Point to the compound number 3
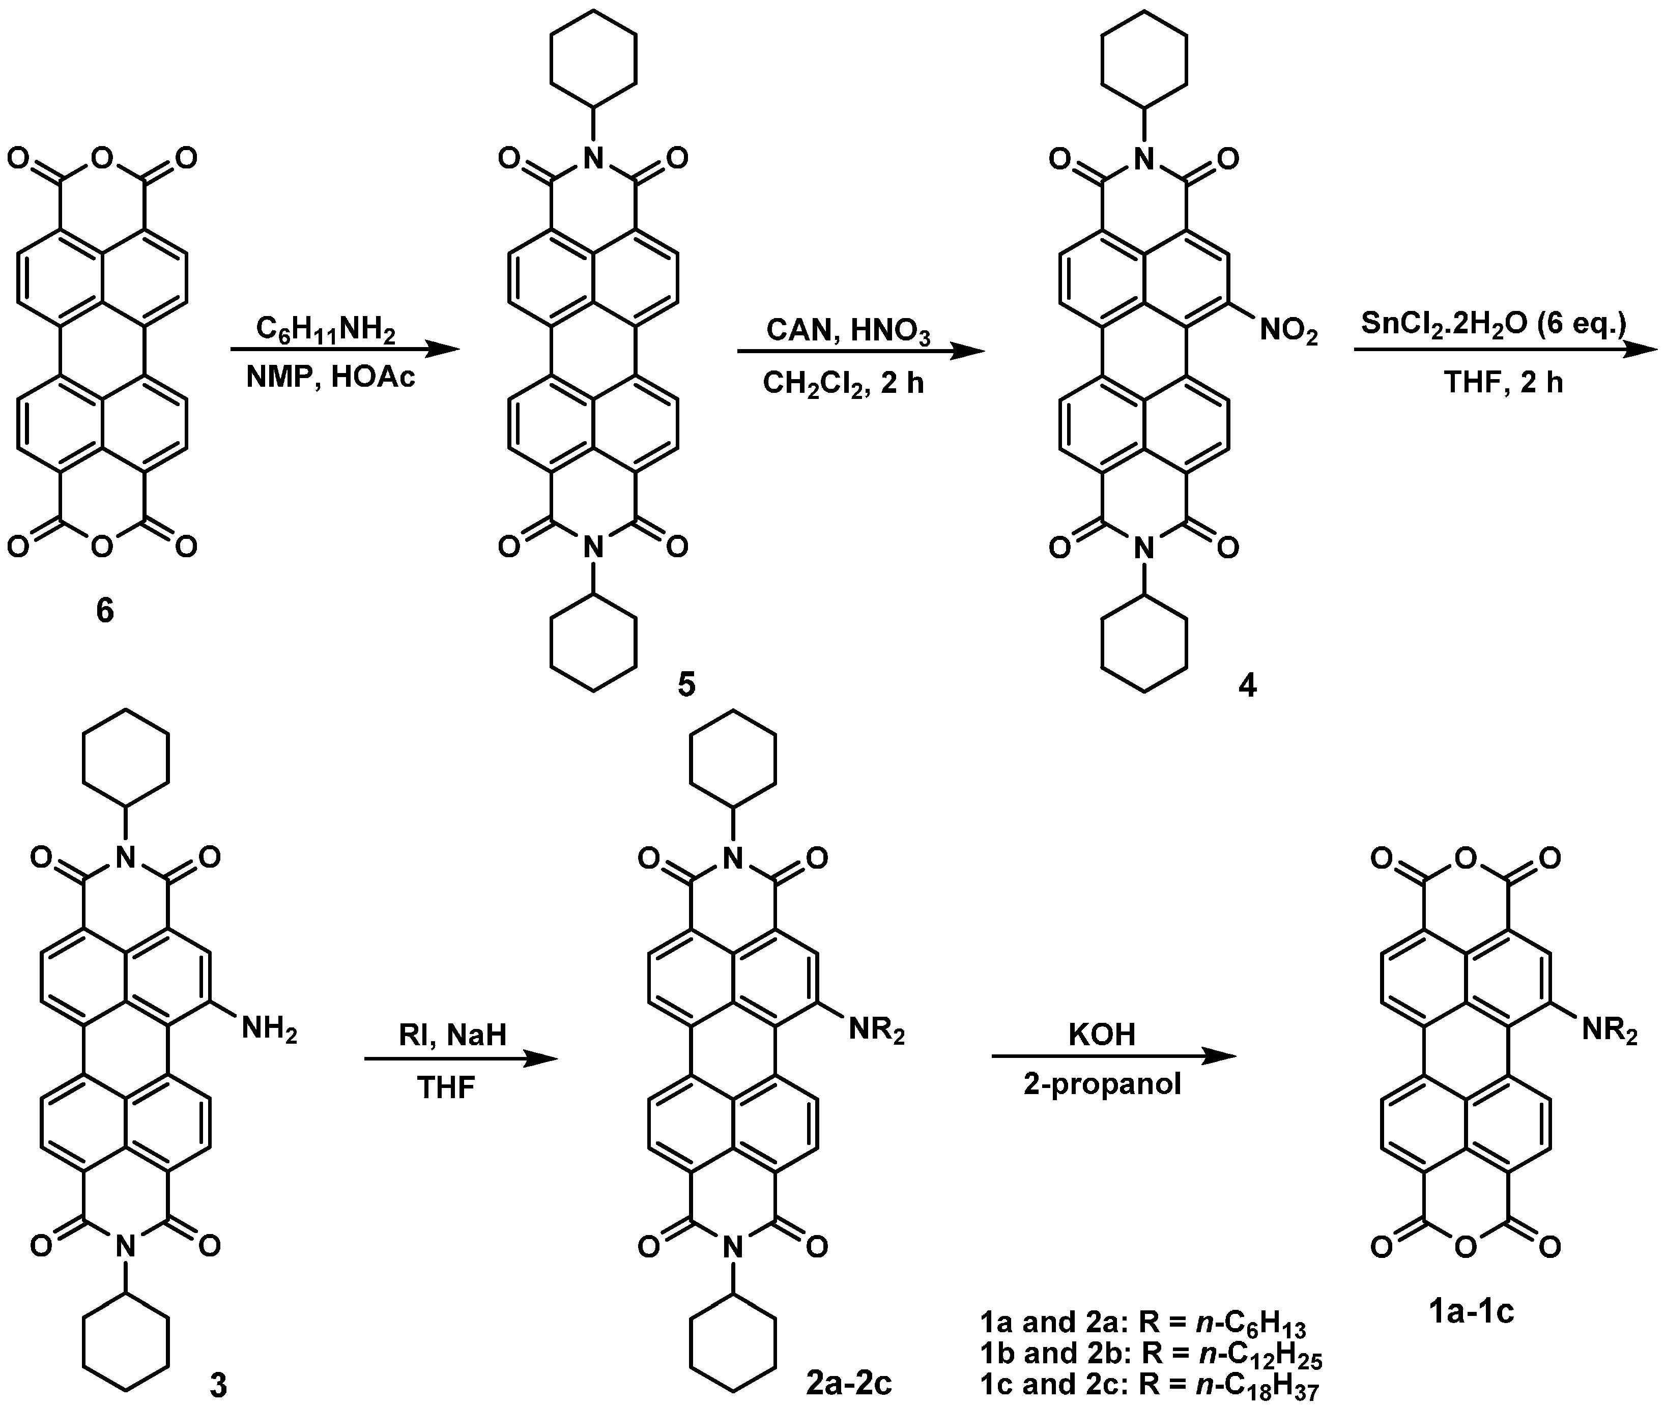tap(217, 1384)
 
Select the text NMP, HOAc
tap(330, 377)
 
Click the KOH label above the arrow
tap(1102, 1034)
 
